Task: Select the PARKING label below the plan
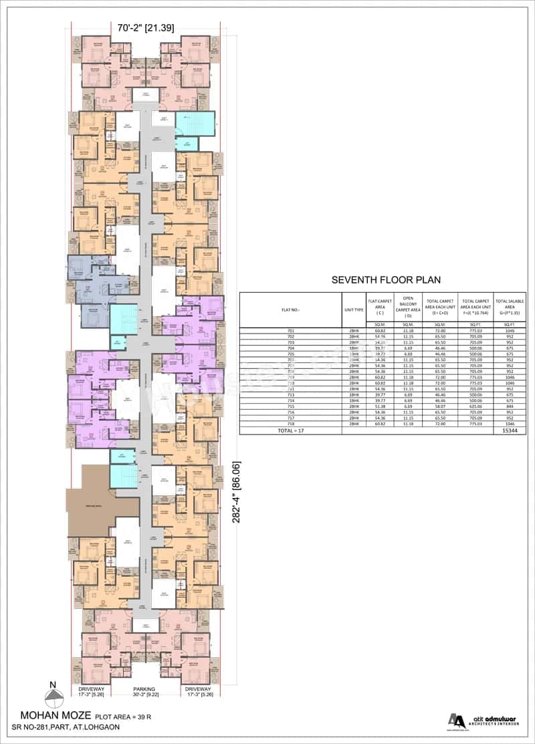pyautogui.click(x=144, y=689)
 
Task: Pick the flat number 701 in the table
pyautogui.click(x=290, y=330)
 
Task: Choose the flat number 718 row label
pyautogui.click(x=290, y=424)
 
